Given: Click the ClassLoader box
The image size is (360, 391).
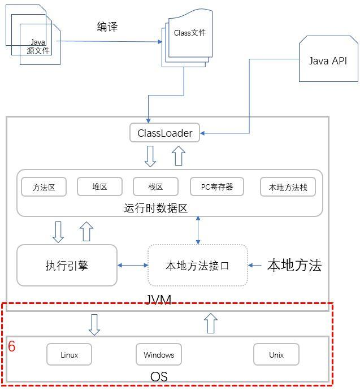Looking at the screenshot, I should tap(164, 133).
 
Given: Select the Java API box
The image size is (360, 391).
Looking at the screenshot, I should tap(328, 61).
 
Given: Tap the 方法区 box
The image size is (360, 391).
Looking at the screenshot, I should tap(44, 186).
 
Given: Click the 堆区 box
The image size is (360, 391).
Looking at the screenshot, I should tap(99, 186).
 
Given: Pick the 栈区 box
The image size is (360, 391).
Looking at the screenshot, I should tap(155, 186).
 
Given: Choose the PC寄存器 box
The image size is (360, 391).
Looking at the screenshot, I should tap(217, 186).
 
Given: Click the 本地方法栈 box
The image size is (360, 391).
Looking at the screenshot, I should tap(288, 187).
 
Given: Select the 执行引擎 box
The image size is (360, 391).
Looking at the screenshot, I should tap(67, 265).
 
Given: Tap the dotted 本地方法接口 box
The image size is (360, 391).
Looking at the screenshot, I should tap(197, 265).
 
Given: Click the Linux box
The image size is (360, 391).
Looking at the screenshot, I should tap(69, 355).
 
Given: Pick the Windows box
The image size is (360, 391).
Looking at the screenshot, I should tap(159, 355).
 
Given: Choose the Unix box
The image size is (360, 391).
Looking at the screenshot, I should tap(276, 355).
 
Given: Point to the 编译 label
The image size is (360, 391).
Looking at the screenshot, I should tap(107, 27).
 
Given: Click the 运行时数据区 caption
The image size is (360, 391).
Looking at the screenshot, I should tap(155, 208).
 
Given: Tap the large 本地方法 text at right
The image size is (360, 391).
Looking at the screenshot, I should tap(294, 265).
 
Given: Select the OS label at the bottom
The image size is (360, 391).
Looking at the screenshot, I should tap(159, 376).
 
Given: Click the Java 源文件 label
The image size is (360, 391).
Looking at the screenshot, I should tap(38, 46).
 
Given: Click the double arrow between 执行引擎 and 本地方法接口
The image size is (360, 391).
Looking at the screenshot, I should tap(132, 265).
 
